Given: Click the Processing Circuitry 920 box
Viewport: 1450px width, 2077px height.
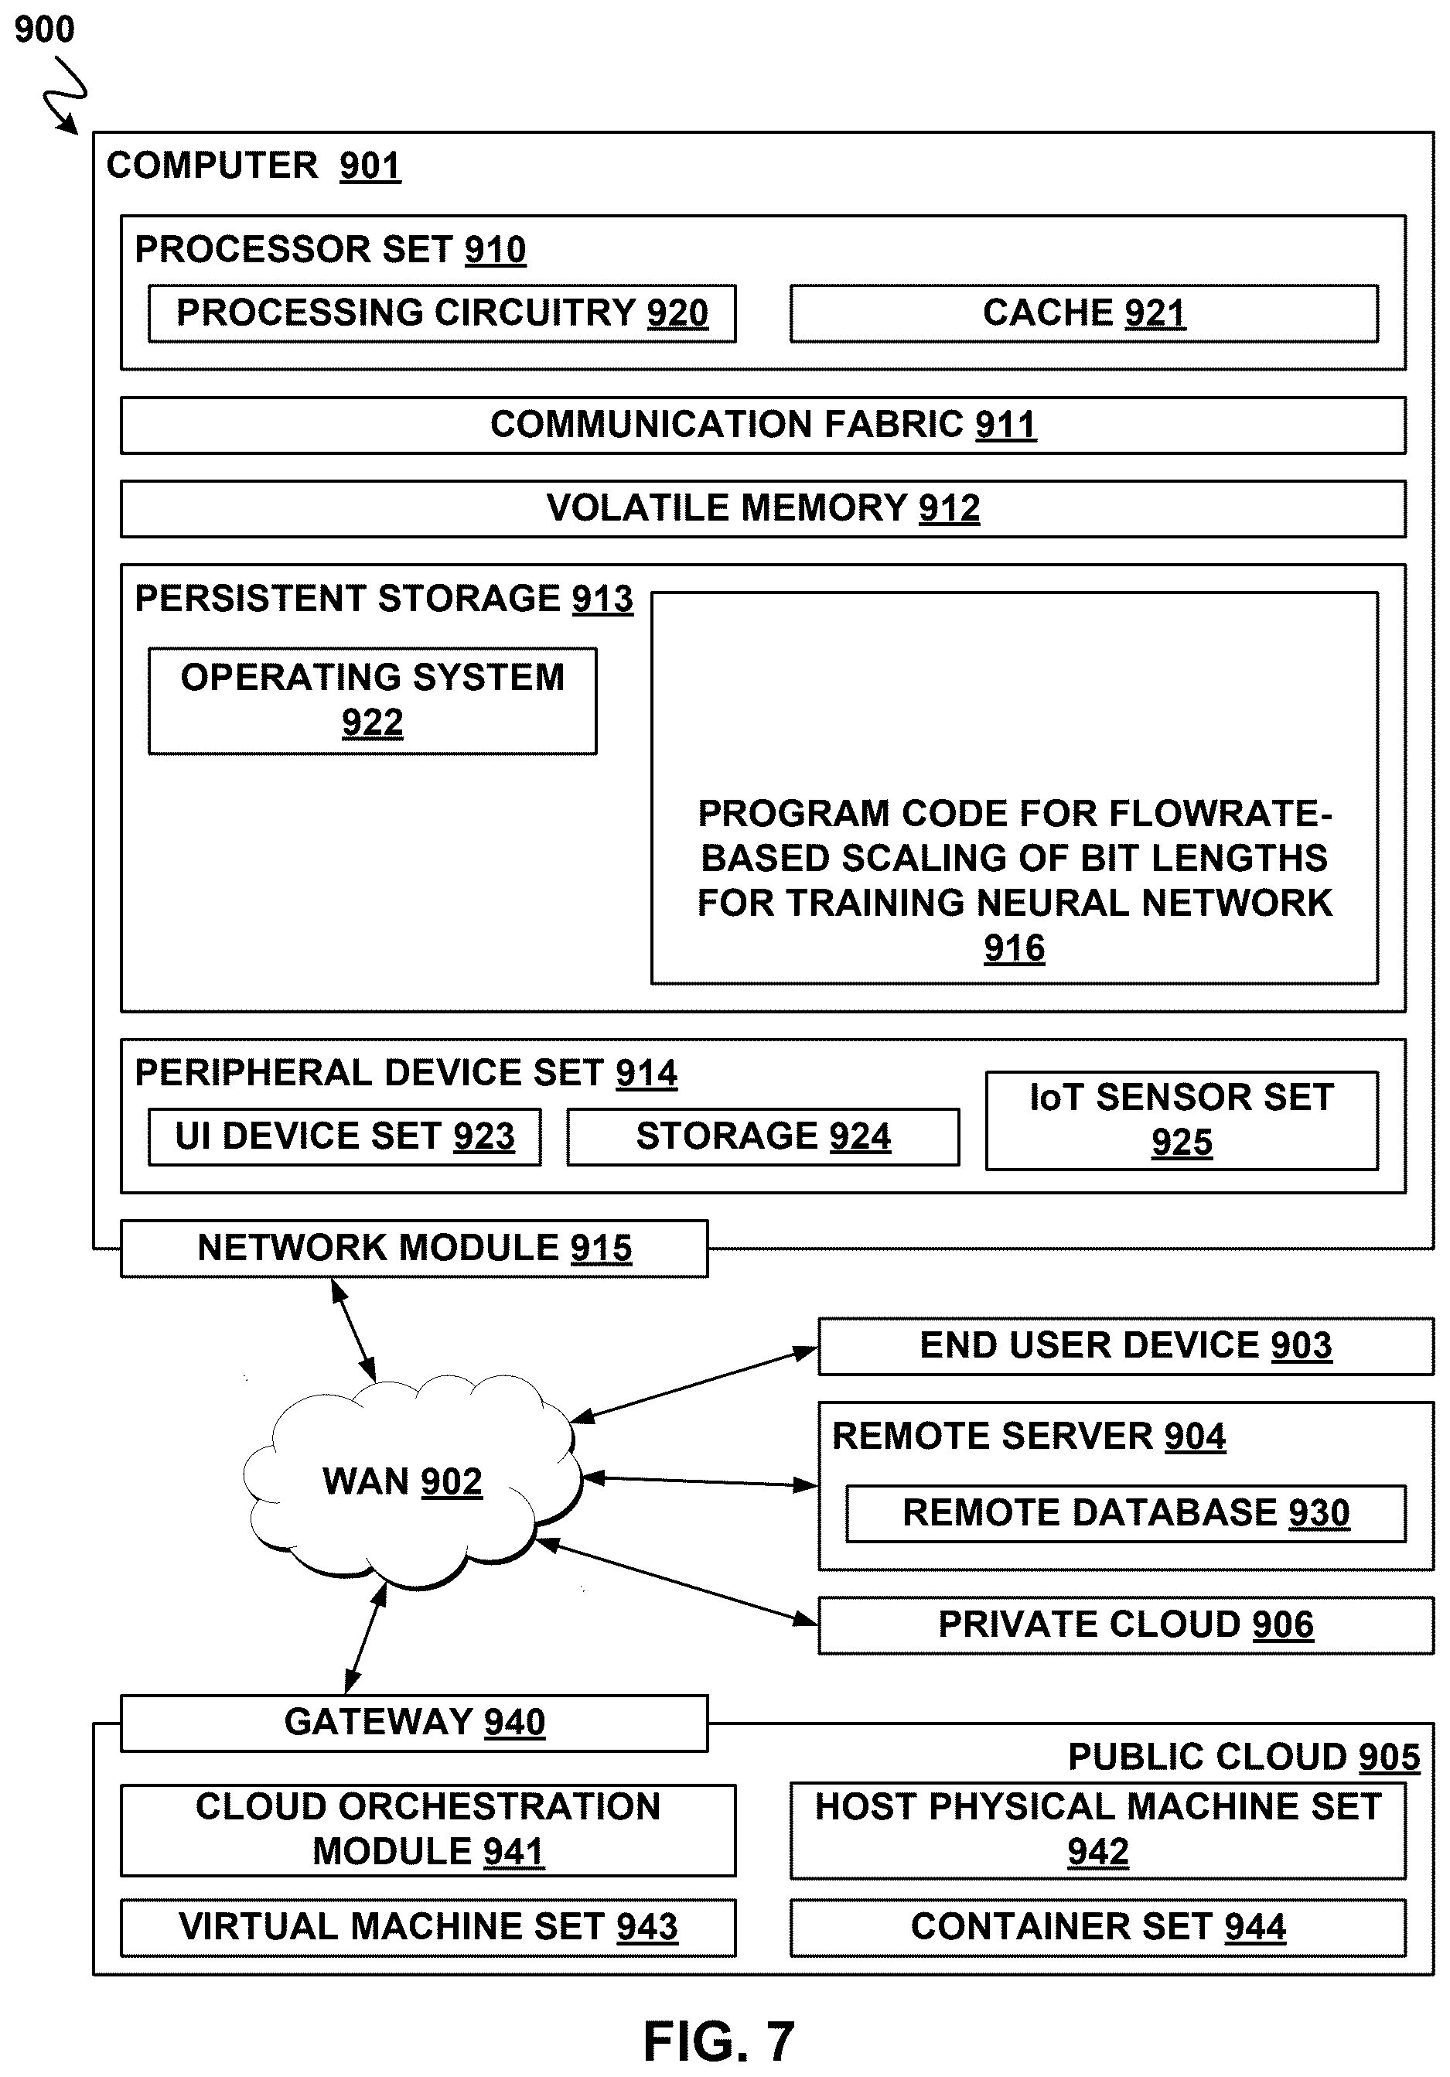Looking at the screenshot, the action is (x=442, y=313).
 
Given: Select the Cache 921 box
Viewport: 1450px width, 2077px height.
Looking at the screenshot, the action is (x=1083, y=313).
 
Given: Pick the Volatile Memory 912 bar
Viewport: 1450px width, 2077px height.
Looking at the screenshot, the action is (x=763, y=508).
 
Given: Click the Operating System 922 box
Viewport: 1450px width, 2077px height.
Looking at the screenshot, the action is (x=373, y=700).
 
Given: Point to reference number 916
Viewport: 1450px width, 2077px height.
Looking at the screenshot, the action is (x=1014, y=948).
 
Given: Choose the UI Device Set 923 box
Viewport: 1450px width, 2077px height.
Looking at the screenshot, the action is (x=345, y=1136).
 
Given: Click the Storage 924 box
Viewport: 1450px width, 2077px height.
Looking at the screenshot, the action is (x=763, y=1136).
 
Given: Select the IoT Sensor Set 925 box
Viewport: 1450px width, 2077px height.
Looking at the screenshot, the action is (x=1182, y=1120).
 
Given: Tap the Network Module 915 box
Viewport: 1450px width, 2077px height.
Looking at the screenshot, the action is (x=415, y=1249).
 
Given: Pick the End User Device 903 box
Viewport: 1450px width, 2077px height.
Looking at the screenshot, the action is (x=1125, y=1346).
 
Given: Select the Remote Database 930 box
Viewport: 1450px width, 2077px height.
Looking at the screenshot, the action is (x=1125, y=1512).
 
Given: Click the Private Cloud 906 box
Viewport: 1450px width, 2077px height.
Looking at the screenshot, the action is (x=1125, y=1624).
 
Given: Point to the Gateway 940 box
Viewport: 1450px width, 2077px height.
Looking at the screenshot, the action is (x=415, y=1723).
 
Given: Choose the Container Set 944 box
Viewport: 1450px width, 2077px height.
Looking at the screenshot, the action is (x=1097, y=1927).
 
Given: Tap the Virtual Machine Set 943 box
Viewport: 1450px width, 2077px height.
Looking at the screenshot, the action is (x=428, y=1927).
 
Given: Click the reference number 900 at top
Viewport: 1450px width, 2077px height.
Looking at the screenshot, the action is (x=44, y=30).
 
